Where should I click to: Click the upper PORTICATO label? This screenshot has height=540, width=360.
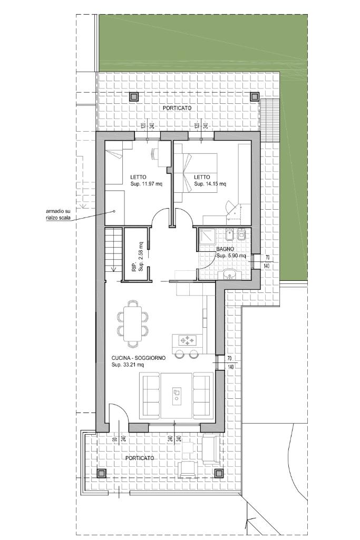177,108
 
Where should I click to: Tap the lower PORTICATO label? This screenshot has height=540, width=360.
140,458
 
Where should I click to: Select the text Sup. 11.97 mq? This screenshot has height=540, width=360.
147,184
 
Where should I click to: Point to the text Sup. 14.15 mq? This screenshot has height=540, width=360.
210,184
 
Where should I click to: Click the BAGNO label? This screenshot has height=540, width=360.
225,249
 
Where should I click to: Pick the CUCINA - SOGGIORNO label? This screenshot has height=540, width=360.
138,358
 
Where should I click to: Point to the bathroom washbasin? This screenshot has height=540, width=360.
229,274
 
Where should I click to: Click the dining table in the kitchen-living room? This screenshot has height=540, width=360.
133,323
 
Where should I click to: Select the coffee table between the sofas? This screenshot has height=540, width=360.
177,395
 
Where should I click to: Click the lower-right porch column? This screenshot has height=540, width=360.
218,474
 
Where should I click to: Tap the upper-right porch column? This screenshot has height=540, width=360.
254,96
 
